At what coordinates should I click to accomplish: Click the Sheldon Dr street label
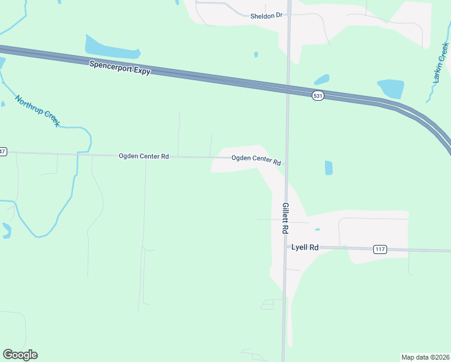pos(266,16)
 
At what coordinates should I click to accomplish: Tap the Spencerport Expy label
pos(119,67)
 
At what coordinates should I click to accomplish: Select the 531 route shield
pos(318,96)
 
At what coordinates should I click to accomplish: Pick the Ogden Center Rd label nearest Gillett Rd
pos(256,160)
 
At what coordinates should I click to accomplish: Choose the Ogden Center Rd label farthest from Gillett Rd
pos(143,156)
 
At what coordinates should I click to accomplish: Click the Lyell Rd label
pos(304,247)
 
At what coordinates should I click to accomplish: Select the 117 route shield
pos(380,250)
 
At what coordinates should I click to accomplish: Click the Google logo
pos(20,355)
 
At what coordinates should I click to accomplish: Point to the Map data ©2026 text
pos(425,357)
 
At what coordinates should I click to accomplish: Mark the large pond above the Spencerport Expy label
pos(112,47)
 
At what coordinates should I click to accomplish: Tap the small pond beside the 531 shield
pos(321,80)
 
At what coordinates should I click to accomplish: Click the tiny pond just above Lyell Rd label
pos(317,229)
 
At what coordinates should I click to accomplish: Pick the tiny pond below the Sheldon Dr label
pos(256,54)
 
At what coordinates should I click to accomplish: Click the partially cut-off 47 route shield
pos(2,151)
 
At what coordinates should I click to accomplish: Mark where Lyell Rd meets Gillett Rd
pos(285,247)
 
